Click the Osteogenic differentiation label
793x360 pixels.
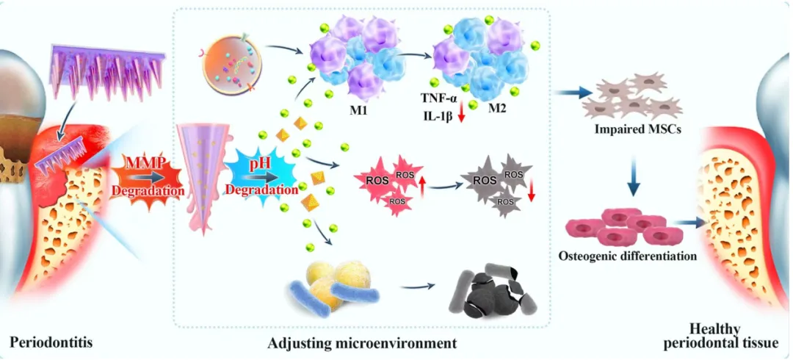pyautogui.click(x=628, y=256)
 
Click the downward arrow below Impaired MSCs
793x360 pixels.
pyautogui.click(x=632, y=176)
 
